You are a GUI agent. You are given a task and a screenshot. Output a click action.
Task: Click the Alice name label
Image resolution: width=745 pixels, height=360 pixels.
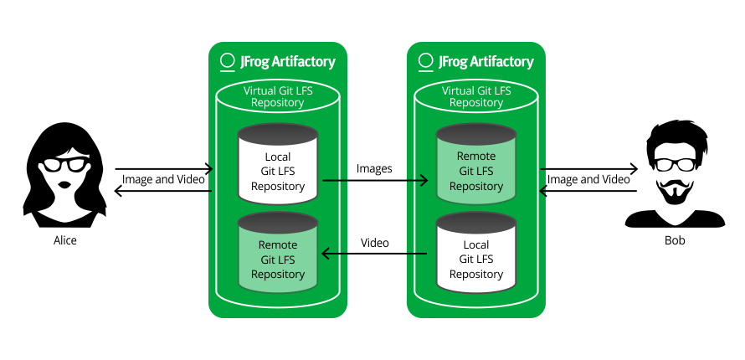(x=64, y=240)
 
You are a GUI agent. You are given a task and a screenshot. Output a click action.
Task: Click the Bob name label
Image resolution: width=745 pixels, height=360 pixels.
(x=674, y=240)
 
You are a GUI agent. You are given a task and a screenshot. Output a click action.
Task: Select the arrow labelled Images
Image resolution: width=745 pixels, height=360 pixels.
(x=374, y=180)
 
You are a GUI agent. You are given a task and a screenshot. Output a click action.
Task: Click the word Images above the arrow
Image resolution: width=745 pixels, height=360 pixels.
(x=374, y=168)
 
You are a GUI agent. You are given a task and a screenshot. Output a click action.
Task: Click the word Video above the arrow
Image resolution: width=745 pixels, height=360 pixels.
(x=374, y=243)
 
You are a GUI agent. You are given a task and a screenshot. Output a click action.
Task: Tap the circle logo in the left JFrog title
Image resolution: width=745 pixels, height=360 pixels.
(x=226, y=61)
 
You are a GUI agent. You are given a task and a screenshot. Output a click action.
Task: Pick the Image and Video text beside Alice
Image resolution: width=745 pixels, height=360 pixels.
(x=163, y=179)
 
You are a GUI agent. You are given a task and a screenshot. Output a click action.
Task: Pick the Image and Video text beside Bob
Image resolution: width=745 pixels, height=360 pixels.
(x=588, y=179)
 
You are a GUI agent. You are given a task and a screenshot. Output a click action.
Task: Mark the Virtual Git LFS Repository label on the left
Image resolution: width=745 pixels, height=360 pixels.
(x=278, y=96)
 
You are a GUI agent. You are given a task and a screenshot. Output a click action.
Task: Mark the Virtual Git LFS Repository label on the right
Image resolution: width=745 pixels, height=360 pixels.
(x=475, y=96)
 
